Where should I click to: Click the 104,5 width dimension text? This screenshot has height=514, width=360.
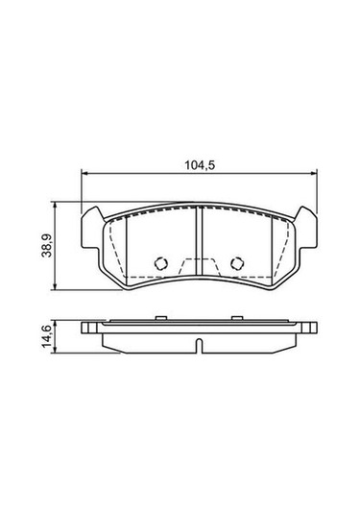[199, 164]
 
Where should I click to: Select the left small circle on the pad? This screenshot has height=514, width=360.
[161, 262]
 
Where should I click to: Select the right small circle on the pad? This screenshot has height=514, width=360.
[235, 262]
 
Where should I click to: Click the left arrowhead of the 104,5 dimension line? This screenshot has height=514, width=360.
[84, 174]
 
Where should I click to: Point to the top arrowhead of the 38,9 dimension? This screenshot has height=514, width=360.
[57, 206]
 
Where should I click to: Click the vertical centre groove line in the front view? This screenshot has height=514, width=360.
[199, 245]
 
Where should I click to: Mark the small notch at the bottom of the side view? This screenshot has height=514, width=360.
[199, 344]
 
